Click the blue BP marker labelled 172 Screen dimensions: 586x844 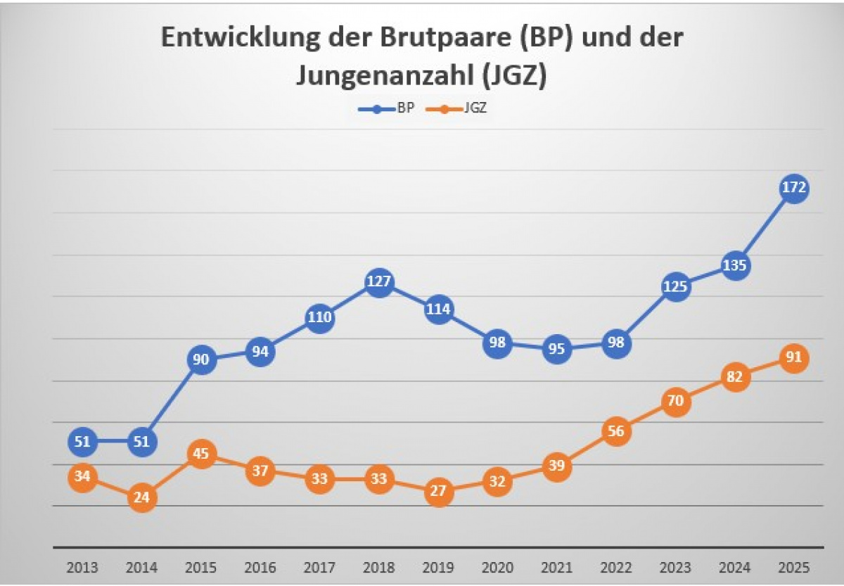point(793,189)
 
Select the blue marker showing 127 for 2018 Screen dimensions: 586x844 point(378,282)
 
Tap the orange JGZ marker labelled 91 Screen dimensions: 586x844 point(793,357)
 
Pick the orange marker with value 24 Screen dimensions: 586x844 point(141,497)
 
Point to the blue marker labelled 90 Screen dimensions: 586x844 point(201,359)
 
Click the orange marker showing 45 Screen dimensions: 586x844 point(201,454)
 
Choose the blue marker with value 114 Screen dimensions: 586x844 point(438,310)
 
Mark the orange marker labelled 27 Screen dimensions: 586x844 point(438,491)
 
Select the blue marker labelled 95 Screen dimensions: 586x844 point(556,349)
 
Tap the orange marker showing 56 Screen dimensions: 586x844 point(616,431)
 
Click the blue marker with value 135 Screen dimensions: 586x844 point(734,266)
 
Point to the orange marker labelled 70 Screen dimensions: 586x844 point(675,402)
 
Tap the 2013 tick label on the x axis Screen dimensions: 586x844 point(82,567)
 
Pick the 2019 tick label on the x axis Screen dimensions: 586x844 point(438,567)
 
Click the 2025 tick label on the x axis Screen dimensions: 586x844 point(793,567)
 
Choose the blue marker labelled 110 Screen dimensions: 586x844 point(319,318)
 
